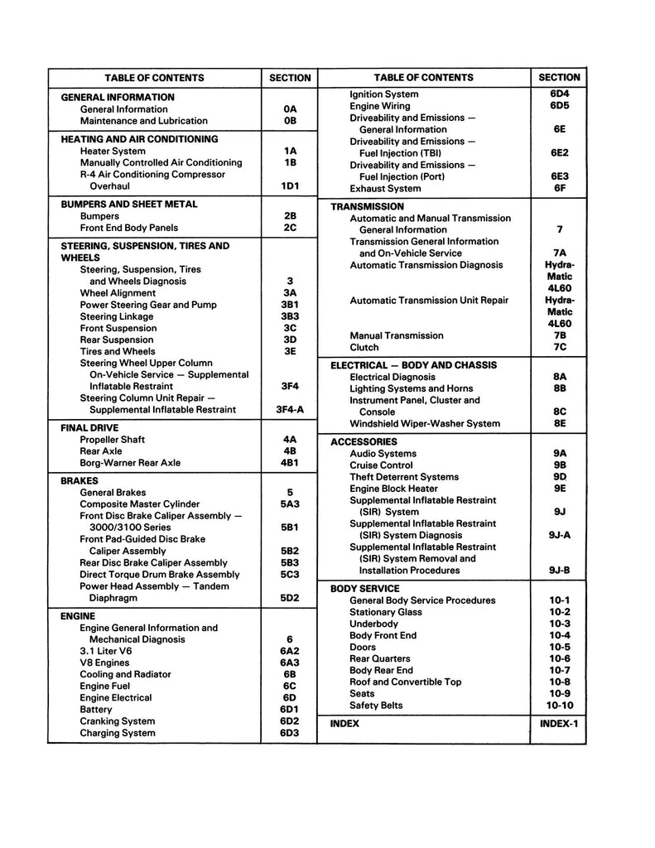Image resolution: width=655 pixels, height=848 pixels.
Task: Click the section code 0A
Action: (289, 109)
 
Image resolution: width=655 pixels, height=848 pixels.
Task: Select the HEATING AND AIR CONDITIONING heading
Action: (139, 139)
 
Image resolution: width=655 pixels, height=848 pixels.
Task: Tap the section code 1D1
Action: (289, 186)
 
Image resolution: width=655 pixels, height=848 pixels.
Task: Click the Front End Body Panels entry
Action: (128, 228)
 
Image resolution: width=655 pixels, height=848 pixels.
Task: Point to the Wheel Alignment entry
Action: (118, 293)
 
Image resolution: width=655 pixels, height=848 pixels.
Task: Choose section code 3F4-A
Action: (290, 409)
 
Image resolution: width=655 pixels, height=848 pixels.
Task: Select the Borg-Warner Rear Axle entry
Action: (130, 463)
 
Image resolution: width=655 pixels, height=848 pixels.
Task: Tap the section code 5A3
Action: (289, 503)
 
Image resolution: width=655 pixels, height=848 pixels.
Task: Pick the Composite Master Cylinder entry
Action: (139, 503)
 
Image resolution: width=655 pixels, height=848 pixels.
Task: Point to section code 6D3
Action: (289, 733)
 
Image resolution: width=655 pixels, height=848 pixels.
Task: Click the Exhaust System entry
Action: (386, 189)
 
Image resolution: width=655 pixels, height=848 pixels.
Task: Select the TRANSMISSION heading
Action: (367, 206)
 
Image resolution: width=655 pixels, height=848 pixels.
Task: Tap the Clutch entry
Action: (364, 348)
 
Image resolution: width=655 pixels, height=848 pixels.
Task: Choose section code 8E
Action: (559, 423)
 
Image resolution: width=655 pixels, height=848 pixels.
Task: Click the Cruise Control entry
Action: (381, 465)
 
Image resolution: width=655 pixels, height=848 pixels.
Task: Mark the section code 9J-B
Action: (560, 570)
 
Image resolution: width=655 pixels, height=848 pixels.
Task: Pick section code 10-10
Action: (560, 706)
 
